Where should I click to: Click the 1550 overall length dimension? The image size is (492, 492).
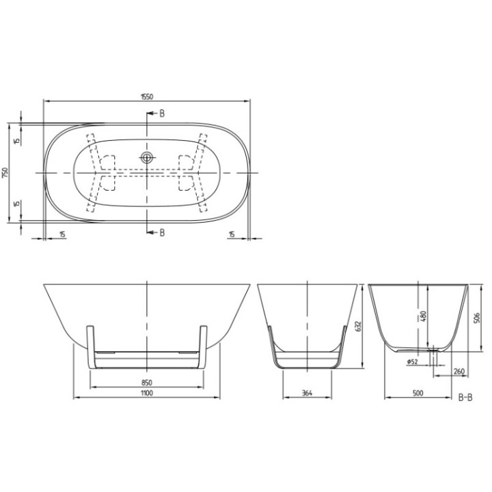point(148,96)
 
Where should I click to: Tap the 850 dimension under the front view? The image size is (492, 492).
point(148,383)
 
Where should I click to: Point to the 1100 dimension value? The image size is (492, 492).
point(148,394)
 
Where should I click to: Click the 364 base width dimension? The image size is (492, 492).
point(306,394)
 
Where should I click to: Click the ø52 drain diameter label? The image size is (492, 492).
point(412,361)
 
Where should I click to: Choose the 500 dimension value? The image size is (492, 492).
point(418,394)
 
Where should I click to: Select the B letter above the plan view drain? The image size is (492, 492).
point(162,113)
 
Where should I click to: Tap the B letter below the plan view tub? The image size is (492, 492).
point(162,232)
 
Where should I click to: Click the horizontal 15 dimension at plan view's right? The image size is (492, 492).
point(232,234)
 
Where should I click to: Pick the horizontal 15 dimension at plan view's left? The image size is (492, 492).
point(63,234)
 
